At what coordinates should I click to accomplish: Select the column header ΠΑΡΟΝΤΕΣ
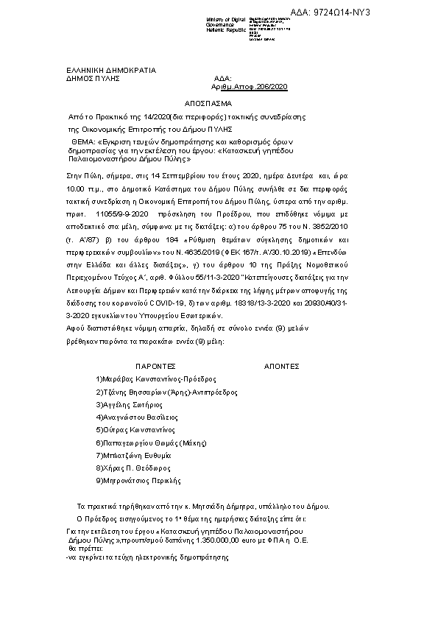click(x=155, y=364)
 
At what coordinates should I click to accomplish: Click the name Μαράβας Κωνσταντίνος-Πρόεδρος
click(x=156, y=378)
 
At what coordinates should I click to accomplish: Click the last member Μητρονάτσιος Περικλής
click(x=138, y=480)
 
